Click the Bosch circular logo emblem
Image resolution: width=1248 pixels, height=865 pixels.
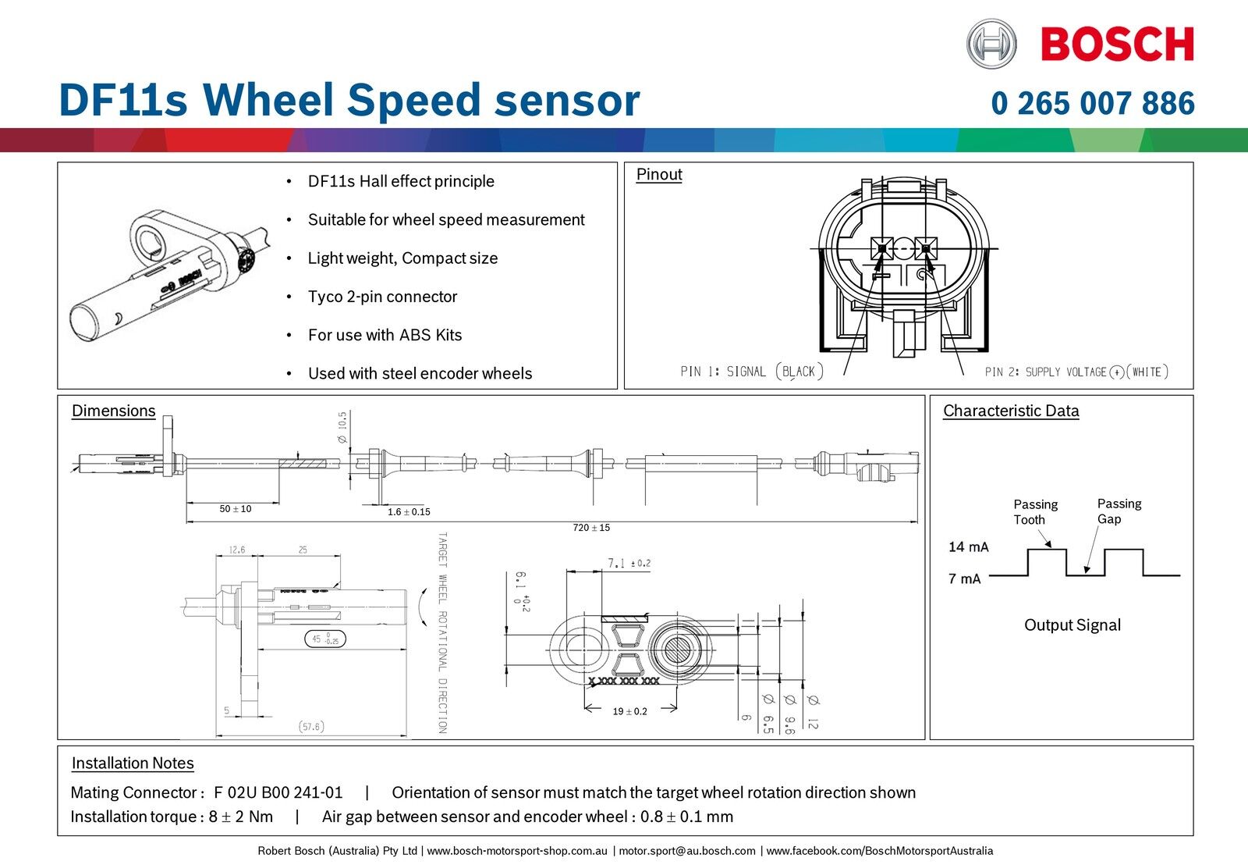pyautogui.click(x=991, y=44)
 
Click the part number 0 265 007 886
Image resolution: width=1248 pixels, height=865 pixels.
pyautogui.click(x=1092, y=103)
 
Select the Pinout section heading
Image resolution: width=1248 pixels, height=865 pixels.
pyautogui.click(x=659, y=174)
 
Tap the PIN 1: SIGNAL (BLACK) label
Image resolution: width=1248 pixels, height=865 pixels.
pyautogui.click(x=751, y=372)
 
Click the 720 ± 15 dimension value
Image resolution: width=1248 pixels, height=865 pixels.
pyautogui.click(x=591, y=528)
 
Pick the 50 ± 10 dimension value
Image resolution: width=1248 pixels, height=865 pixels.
pyautogui.click(x=236, y=509)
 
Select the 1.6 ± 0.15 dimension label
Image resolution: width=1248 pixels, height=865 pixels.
pyautogui.click(x=409, y=512)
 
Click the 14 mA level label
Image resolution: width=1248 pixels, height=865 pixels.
pyautogui.click(x=968, y=546)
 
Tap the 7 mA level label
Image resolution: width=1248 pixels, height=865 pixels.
pyautogui.click(x=965, y=578)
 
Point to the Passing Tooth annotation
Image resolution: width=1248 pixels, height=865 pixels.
pyautogui.click(x=1035, y=511)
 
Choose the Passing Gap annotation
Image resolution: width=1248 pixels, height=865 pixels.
pyautogui.click(x=1119, y=511)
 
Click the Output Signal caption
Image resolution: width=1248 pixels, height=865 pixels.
pyautogui.click(x=1072, y=625)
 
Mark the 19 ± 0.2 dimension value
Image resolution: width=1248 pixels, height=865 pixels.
pyautogui.click(x=629, y=711)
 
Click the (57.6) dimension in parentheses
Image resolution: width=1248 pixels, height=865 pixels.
pyautogui.click(x=311, y=727)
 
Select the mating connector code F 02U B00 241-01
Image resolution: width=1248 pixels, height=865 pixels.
pyautogui.click(x=278, y=792)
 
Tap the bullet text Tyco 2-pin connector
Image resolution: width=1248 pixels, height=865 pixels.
pyautogui.click(x=382, y=297)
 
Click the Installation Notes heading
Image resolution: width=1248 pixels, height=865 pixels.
pyautogui.click(x=133, y=763)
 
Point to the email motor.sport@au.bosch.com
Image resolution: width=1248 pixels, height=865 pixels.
pyautogui.click(x=687, y=851)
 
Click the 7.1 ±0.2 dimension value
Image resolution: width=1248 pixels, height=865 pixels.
pyautogui.click(x=629, y=563)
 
